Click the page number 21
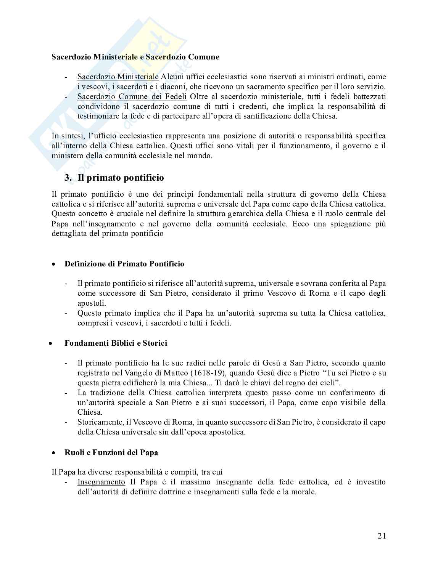[x=382, y=536]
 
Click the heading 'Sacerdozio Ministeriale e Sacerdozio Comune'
[x=135, y=57]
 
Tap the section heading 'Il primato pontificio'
[x=121, y=178]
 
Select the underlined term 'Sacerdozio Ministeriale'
[x=118, y=77]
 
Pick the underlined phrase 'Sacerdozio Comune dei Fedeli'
[x=132, y=96]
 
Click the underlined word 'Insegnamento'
[x=101, y=482]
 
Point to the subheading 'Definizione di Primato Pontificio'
[x=124, y=264]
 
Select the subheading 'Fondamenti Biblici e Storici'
[x=116, y=343]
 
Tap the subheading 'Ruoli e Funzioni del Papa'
[x=111, y=452]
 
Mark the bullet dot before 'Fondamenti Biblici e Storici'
[x=50, y=343]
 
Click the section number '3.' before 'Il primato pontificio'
[x=68, y=178]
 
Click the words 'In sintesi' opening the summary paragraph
[x=64, y=136]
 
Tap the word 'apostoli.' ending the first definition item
[x=92, y=303]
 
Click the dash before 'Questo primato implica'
[x=67, y=313]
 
